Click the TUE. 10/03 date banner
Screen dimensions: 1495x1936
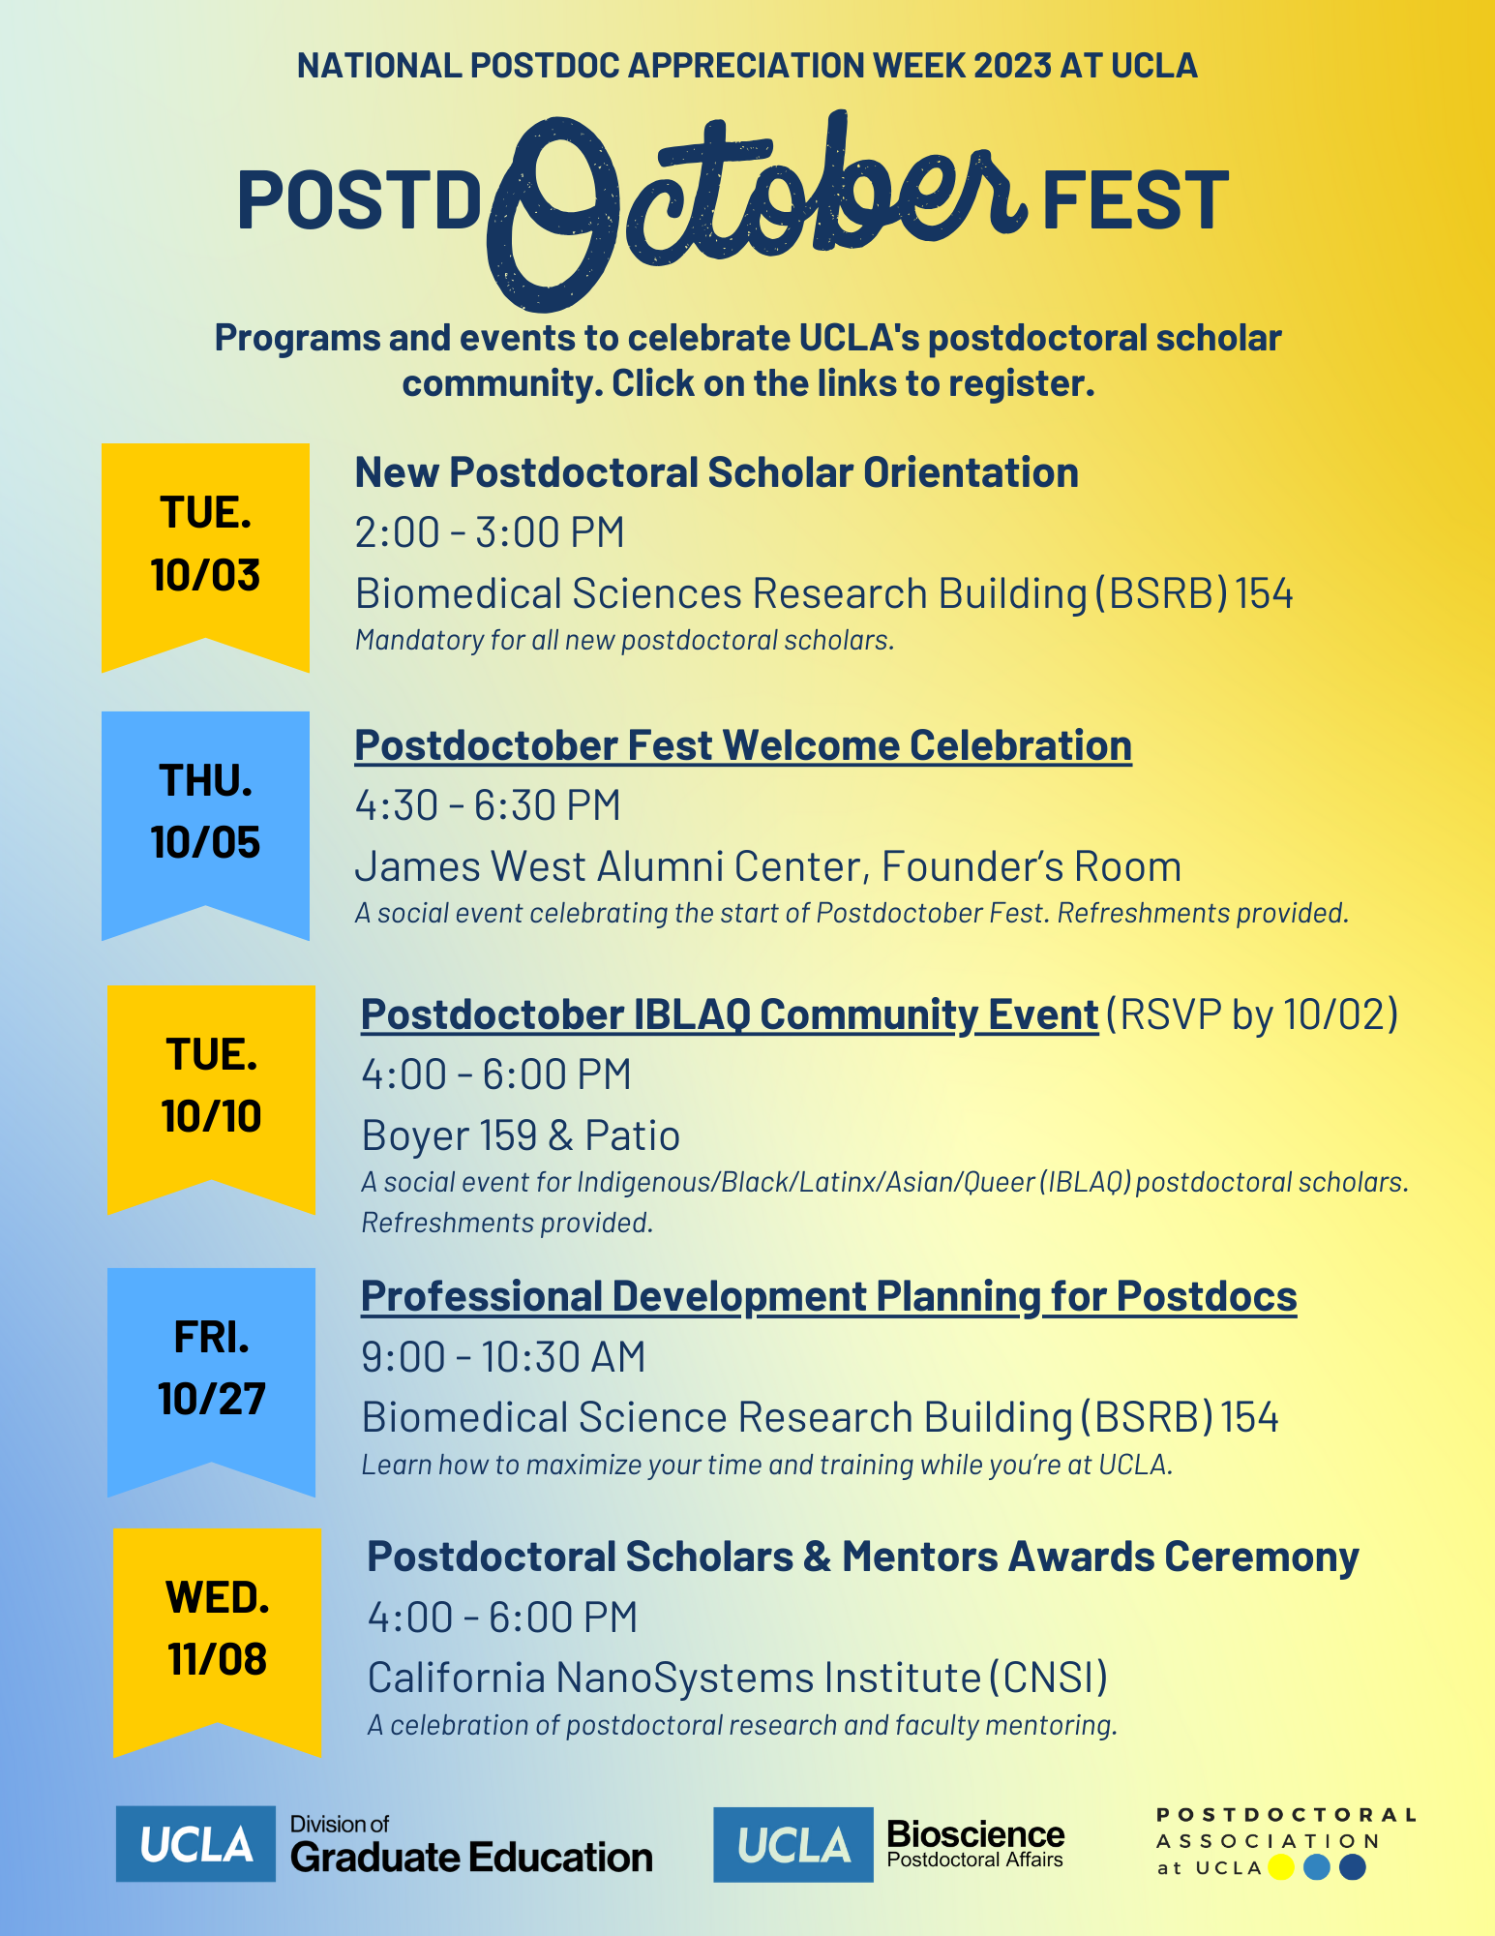coord(205,552)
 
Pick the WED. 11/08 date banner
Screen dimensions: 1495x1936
coord(217,1637)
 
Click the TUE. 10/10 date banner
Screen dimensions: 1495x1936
coord(211,1094)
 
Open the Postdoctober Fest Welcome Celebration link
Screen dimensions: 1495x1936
coord(743,746)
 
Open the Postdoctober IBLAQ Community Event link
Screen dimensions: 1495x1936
coord(730,1015)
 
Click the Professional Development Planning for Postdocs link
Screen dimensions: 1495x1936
coord(829,1297)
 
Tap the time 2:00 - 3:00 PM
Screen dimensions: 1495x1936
coord(490,532)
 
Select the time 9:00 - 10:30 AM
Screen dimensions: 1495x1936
coord(503,1357)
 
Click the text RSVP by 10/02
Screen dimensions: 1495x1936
coord(1252,1014)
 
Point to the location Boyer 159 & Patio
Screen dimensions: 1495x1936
coord(521,1135)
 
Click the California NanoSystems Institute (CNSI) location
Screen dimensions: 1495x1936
coord(737,1678)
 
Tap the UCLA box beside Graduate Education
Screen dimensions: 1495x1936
coord(195,1843)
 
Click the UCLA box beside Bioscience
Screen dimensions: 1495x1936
coord(793,1844)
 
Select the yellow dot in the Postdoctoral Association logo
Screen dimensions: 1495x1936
coord(1281,1867)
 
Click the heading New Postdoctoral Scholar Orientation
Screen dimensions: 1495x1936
coord(717,473)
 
